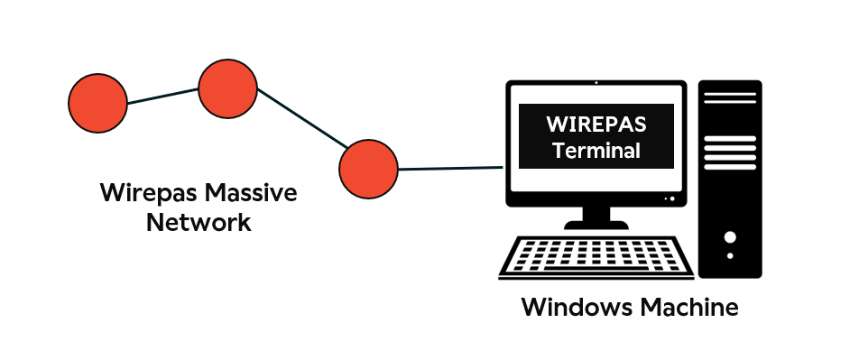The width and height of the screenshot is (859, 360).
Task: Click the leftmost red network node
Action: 98,104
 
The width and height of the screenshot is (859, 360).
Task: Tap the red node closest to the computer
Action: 368,169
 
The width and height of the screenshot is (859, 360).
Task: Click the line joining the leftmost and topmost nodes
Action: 162,96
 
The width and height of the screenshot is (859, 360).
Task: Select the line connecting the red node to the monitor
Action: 449,168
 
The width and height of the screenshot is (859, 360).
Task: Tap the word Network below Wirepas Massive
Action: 199,223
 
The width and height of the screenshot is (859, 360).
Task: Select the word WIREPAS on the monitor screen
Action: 596,122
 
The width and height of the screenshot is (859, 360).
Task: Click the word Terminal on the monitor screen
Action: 596,151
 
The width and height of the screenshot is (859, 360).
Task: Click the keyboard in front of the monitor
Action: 596,258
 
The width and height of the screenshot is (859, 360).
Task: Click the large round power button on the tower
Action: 730,237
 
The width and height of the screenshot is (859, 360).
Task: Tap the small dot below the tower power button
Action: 730,256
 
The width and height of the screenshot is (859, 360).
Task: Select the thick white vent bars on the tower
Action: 730,153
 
